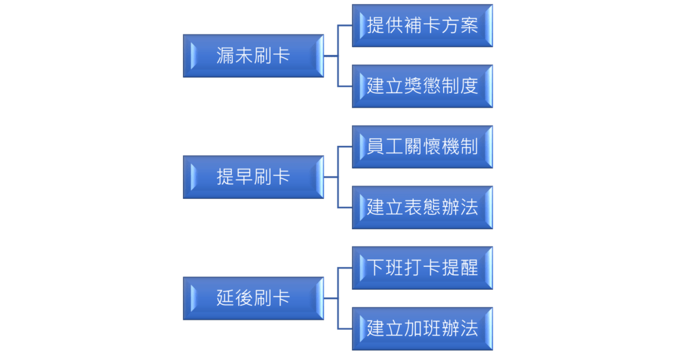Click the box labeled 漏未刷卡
253,56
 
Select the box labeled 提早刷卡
253,177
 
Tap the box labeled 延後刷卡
253,299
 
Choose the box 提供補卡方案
422,26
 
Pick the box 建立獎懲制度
422,87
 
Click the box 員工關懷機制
422,147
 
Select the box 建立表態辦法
422,207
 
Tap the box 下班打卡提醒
422,268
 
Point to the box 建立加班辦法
422,328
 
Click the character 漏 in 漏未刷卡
225,56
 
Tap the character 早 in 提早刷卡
244,177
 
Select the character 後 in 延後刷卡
244,299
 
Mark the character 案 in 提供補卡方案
469,26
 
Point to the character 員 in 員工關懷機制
376,147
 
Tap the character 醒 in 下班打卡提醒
469,268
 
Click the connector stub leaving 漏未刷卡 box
331,56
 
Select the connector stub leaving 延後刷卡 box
331,299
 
